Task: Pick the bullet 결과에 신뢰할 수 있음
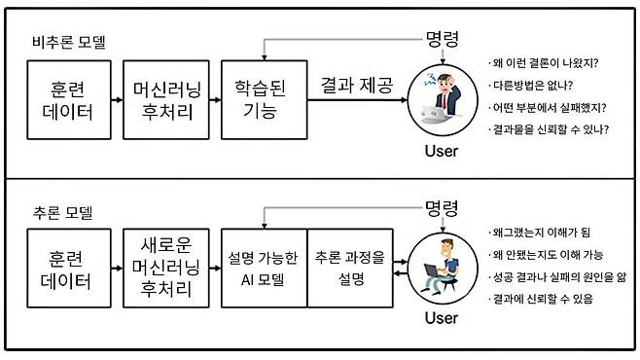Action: pos(545,299)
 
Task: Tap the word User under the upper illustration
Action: pos(441,151)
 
